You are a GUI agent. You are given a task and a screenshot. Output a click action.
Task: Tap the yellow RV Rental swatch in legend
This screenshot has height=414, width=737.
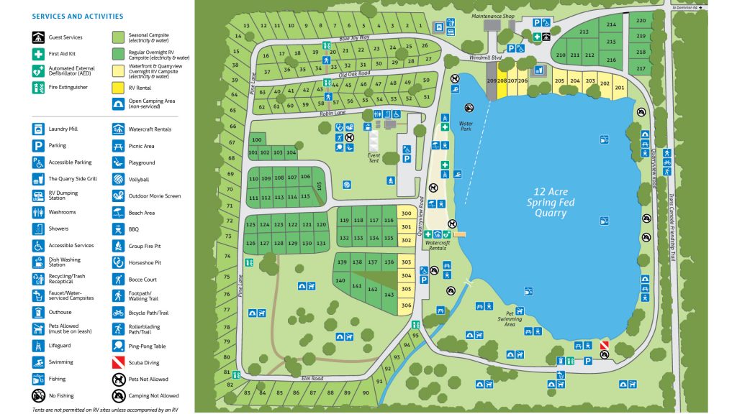pos(118,87)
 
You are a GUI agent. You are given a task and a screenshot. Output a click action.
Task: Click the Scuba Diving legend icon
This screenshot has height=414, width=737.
pos(118,362)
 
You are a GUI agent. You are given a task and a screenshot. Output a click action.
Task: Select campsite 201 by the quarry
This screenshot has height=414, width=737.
pos(619,87)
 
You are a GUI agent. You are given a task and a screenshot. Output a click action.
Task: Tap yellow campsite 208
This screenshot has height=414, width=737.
pos(502,81)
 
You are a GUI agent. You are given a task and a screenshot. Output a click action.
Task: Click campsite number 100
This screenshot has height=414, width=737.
pos(256,139)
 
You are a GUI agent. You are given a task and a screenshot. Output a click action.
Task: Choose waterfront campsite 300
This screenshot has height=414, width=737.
pos(406,213)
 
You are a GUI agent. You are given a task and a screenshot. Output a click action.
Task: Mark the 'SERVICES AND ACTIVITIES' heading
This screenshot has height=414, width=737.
pos(78,17)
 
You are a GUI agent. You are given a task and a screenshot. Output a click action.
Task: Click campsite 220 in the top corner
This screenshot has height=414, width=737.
pos(641,20)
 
